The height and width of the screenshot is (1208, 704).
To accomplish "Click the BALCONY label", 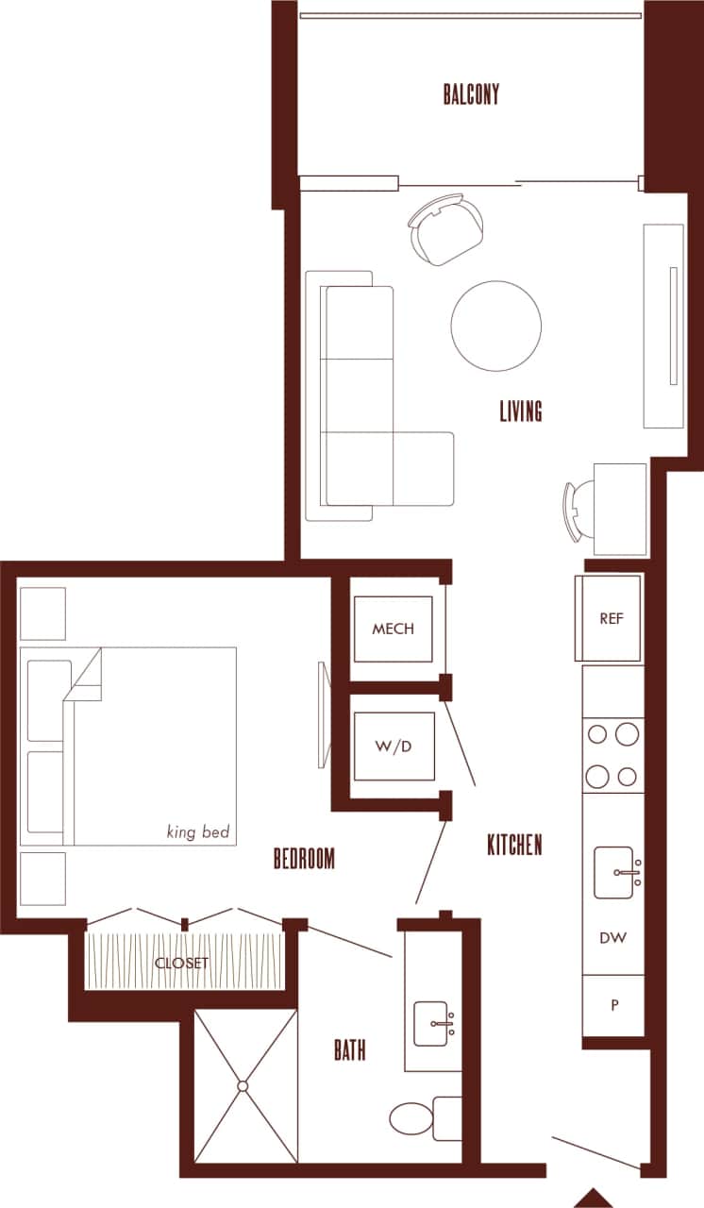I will pos(471,94).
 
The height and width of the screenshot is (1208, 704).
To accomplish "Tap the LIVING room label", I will pos(521,411).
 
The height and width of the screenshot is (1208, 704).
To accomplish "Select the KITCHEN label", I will pos(514,845).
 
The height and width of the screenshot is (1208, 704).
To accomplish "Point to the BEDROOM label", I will pos(304,859).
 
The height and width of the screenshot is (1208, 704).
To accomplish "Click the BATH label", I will pos(349,1050).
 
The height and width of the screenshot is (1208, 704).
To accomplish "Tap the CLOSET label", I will pos(181,964).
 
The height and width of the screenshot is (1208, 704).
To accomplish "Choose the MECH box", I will pos(393,629).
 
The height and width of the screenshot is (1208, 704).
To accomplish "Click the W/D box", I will pos(393,747).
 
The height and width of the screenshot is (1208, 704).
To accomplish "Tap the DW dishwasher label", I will pos(613,938).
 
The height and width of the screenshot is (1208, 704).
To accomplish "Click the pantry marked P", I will pos(614,1005).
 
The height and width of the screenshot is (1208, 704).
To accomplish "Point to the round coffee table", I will pos(495,326).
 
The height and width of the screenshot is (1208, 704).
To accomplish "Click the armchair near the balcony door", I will pos(446,229).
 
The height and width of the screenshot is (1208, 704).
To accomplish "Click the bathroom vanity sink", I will pos(434,1022).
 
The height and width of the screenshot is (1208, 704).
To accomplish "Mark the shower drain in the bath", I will pos(243,1086).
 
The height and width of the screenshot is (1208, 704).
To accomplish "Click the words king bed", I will pos(198,832).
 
